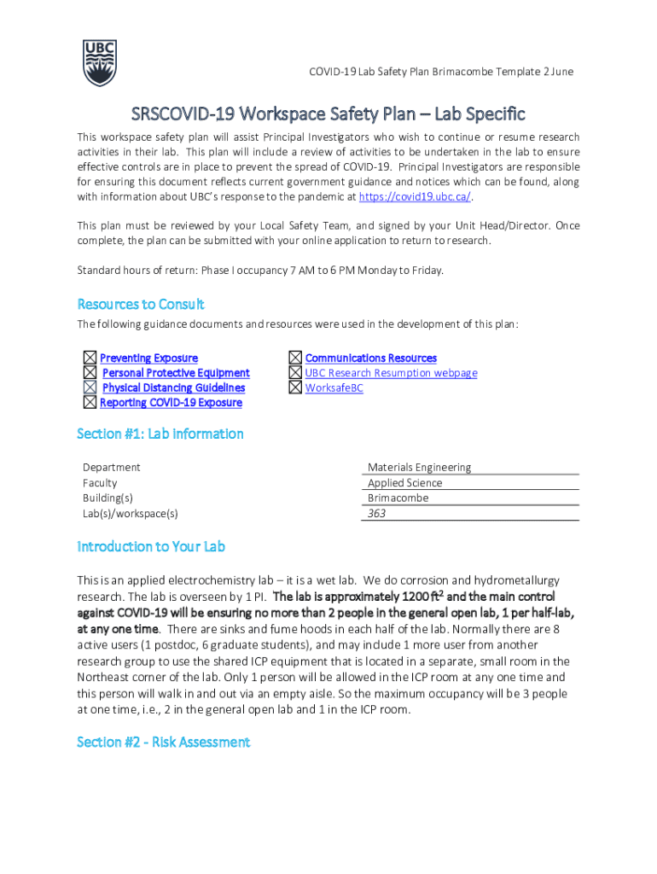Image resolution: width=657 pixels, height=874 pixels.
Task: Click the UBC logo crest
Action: (x=100, y=62)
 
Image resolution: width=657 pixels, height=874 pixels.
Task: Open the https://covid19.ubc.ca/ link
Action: (x=415, y=197)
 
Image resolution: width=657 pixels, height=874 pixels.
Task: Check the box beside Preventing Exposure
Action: (x=90, y=358)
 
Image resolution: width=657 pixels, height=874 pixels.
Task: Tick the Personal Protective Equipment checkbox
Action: (x=90, y=373)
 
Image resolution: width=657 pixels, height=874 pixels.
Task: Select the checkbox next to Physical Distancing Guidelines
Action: (x=90, y=387)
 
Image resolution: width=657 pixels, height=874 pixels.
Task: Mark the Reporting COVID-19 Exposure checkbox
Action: (x=90, y=403)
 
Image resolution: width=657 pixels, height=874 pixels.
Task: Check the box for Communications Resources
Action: (x=295, y=358)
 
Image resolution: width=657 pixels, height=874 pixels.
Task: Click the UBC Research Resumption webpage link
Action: (x=391, y=373)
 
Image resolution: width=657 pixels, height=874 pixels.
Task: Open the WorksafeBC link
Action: (x=334, y=388)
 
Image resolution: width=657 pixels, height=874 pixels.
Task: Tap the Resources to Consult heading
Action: (x=141, y=305)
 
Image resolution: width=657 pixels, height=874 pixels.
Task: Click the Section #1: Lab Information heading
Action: (x=160, y=434)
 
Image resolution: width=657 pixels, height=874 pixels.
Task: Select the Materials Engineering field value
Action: (x=419, y=467)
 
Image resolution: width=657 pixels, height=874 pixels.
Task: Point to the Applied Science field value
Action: (x=404, y=483)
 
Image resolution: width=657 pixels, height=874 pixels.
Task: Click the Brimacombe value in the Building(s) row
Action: (x=398, y=498)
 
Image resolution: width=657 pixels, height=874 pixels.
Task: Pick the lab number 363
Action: (x=377, y=514)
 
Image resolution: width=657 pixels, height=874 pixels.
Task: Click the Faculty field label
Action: (x=101, y=483)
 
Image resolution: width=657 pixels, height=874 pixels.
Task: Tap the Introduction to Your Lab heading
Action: (x=151, y=547)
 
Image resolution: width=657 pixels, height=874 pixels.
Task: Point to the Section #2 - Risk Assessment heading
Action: (x=163, y=743)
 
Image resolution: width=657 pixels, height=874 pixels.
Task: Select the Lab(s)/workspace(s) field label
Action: (x=131, y=514)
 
